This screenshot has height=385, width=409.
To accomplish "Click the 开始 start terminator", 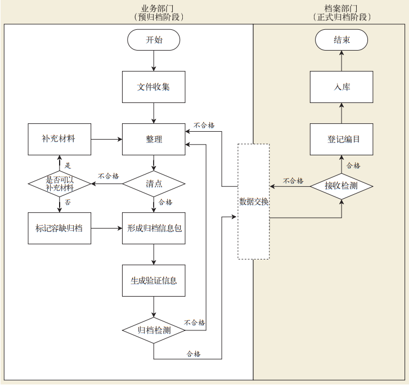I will tap(154, 40).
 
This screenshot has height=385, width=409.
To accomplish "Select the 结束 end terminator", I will tap(341, 40).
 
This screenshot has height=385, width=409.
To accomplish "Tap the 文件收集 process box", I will tap(154, 87).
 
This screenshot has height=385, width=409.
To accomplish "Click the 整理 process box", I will tap(154, 139).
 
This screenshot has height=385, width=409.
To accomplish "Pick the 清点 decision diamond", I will tap(154, 183).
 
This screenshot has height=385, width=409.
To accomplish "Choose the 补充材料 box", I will tap(59, 139).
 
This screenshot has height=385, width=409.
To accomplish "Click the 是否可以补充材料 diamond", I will tap(60, 183).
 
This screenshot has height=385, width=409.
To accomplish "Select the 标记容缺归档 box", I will tap(59, 228).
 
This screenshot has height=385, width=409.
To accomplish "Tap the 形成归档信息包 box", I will tap(154, 228).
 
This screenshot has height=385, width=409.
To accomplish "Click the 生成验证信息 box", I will tap(154, 280).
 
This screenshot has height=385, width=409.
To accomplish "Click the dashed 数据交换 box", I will tap(254, 202).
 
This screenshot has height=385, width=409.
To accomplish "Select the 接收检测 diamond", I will tap(341, 185).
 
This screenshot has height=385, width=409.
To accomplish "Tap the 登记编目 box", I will tap(341, 139).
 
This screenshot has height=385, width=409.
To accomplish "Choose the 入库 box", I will tap(341, 87).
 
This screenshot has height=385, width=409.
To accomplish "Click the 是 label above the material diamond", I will tap(68, 165).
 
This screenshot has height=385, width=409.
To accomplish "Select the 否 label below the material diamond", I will tap(68, 202).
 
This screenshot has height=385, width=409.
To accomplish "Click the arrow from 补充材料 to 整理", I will tap(107, 139).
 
